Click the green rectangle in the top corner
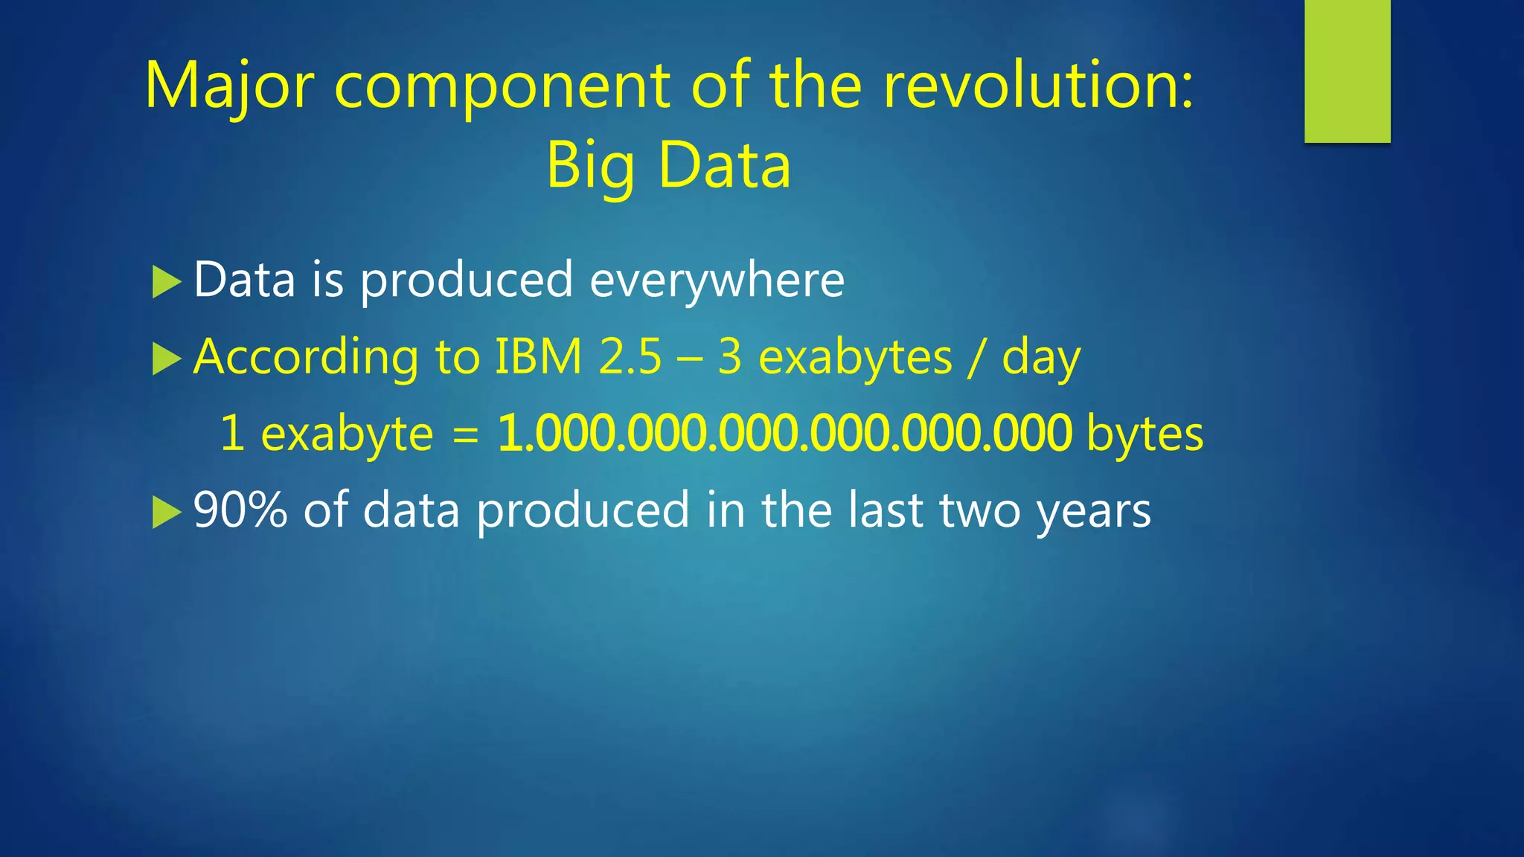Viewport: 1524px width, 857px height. (1347, 71)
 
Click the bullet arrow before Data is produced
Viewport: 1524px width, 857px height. (167, 282)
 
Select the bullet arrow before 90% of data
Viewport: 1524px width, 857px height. (167, 512)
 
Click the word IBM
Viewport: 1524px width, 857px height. (538, 357)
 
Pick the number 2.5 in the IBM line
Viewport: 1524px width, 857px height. (630, 357)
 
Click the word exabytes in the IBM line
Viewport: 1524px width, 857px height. (854, 359)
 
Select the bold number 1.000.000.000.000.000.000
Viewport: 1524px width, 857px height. (784, 434)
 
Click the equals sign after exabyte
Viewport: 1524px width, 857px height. (465, 435)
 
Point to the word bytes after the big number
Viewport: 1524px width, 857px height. (1144, 435)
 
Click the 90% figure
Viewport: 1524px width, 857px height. (240, 510)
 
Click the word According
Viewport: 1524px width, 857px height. (306, 359)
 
